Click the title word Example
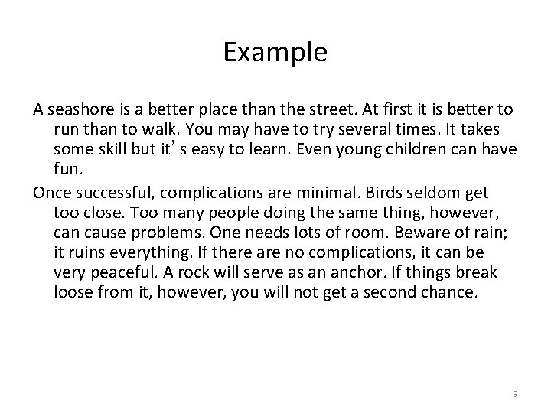[x=275, y=52]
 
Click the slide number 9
[x=515, y=393]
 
